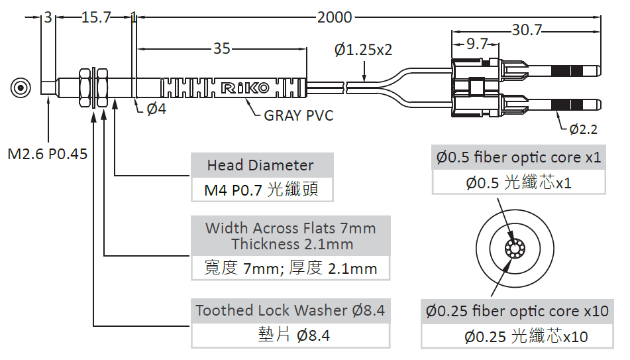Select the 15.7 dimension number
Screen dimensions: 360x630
coord(96,18)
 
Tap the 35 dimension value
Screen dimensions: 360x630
coord(222,48)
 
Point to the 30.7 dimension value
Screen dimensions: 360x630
coord(527,30)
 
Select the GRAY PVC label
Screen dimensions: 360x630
coord(299,116)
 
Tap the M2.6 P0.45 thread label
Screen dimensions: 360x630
coord(48,154)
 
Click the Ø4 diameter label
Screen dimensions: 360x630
coord(156,109)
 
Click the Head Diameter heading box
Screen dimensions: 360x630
coord(260,165)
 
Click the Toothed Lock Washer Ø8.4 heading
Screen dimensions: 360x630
coord(290,310)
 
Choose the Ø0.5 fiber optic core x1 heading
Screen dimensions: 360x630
coord(519,158)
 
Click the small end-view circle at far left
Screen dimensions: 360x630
coord(21,88)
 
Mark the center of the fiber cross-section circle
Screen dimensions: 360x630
coord(515,249)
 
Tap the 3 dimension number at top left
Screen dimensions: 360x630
coord(48,18)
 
